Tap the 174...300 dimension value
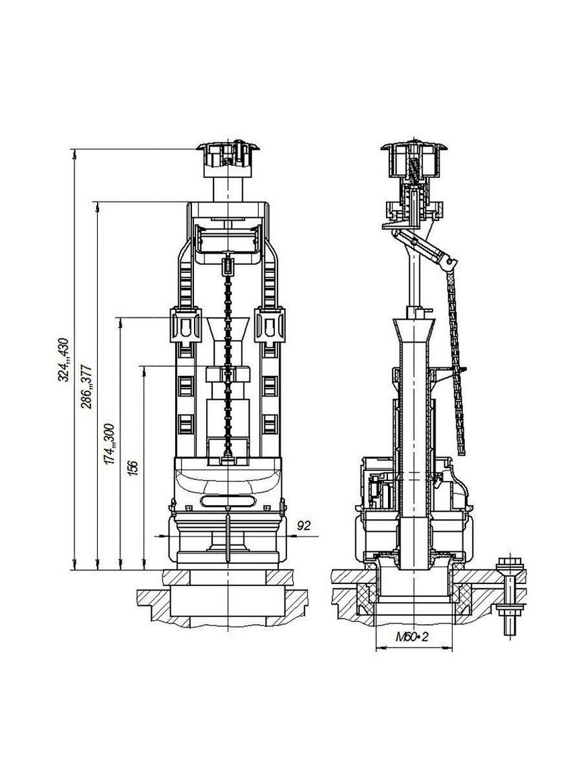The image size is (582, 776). (x=109, y=444)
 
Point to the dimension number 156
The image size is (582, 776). (x=132, y=468)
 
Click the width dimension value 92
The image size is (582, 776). (x=303, y=526)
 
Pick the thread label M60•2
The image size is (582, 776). (x=411, y=637)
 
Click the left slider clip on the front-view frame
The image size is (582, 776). (x=185, y=325)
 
